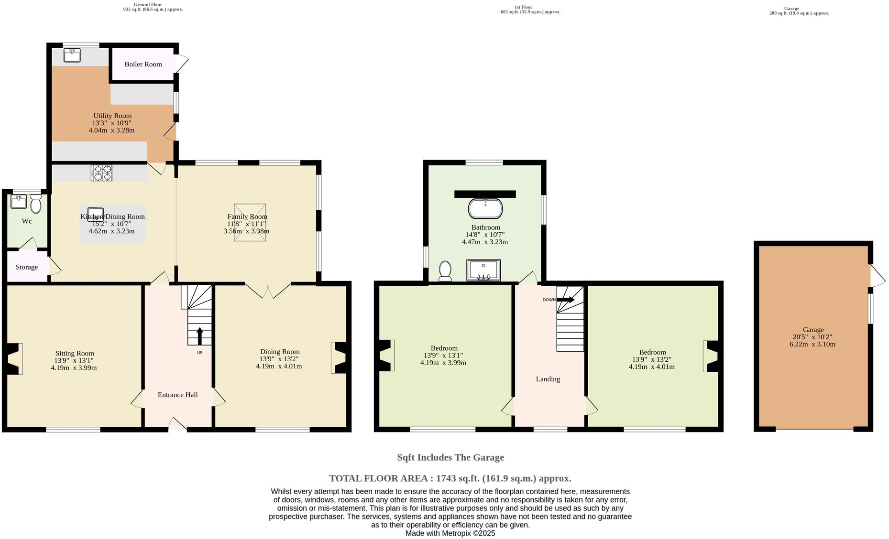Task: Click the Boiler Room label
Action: click(143, 64)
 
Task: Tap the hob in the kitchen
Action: click(101, 172)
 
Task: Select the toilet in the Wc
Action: click(36, 204)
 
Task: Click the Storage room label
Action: click(27, 267)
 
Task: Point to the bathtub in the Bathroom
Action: click(485, 209)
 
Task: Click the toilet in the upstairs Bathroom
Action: click(445, 270)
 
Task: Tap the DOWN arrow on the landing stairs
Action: click(565, 300)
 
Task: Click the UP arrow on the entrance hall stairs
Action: click(199, 336)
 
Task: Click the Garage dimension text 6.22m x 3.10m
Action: click(812, 344)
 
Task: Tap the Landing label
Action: click(548, 379)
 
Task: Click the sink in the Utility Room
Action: click(72, 55)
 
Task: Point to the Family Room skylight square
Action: click(250, 223)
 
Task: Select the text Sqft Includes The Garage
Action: click(450, 457)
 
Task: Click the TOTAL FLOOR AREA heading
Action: click(450, 478)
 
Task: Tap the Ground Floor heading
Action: click(148, 5)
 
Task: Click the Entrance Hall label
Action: click(177, 395)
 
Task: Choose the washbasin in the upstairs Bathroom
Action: click(483, 270)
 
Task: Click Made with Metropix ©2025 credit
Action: click(450, 533)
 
